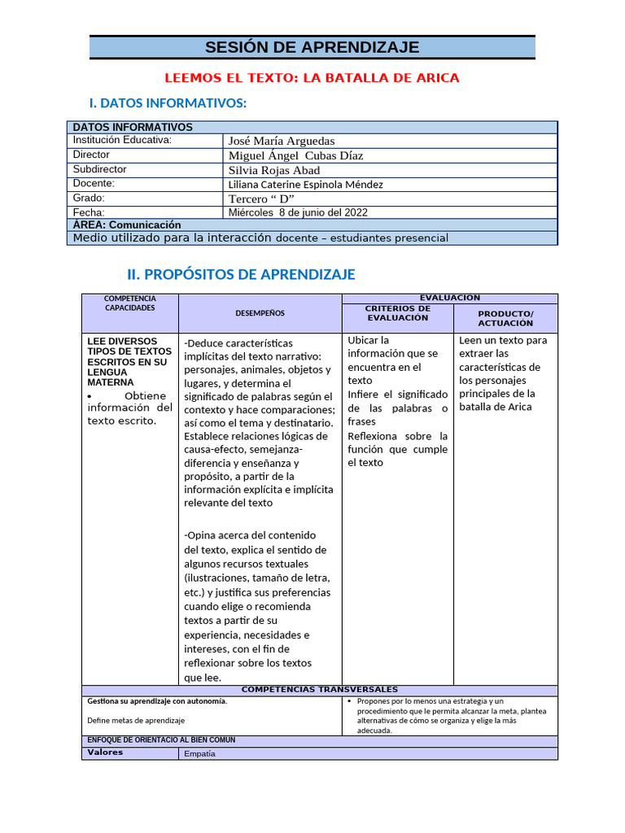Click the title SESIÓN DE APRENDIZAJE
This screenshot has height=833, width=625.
[x=312, y=47]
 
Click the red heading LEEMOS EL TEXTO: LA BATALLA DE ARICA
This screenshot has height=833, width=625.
[x=312, y=78]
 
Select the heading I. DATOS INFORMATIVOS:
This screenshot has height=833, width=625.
[x=167, y=103]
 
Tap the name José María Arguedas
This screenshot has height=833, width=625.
[x=282, y=141]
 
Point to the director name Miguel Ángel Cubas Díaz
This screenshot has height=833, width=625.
[x=295, y=155]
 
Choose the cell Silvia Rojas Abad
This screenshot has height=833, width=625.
[x=274, y=170]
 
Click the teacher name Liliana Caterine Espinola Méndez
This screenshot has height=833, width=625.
[x=305, y=185]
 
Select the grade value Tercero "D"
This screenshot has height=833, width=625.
[x=260, y=198]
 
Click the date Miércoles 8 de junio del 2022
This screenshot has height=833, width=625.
[x=298, y=212]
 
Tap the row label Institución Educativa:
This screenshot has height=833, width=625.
[x=122, y=140]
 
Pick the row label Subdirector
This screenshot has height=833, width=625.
[x=99, y=169]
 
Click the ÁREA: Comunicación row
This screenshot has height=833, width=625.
[x=127, y=225]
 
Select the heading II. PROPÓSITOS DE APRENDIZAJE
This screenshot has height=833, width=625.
[x=241, y=274]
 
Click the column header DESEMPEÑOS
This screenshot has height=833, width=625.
[x=260, y=313]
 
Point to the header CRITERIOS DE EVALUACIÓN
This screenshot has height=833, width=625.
[x=397, y=313]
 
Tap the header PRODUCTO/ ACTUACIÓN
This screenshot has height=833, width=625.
[x=505, y=318]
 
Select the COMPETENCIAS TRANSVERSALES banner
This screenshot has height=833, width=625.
[x=319, y=690]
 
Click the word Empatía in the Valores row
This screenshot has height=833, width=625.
[x=200, y=753]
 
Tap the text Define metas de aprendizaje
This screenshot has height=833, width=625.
[x=136, y=720]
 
